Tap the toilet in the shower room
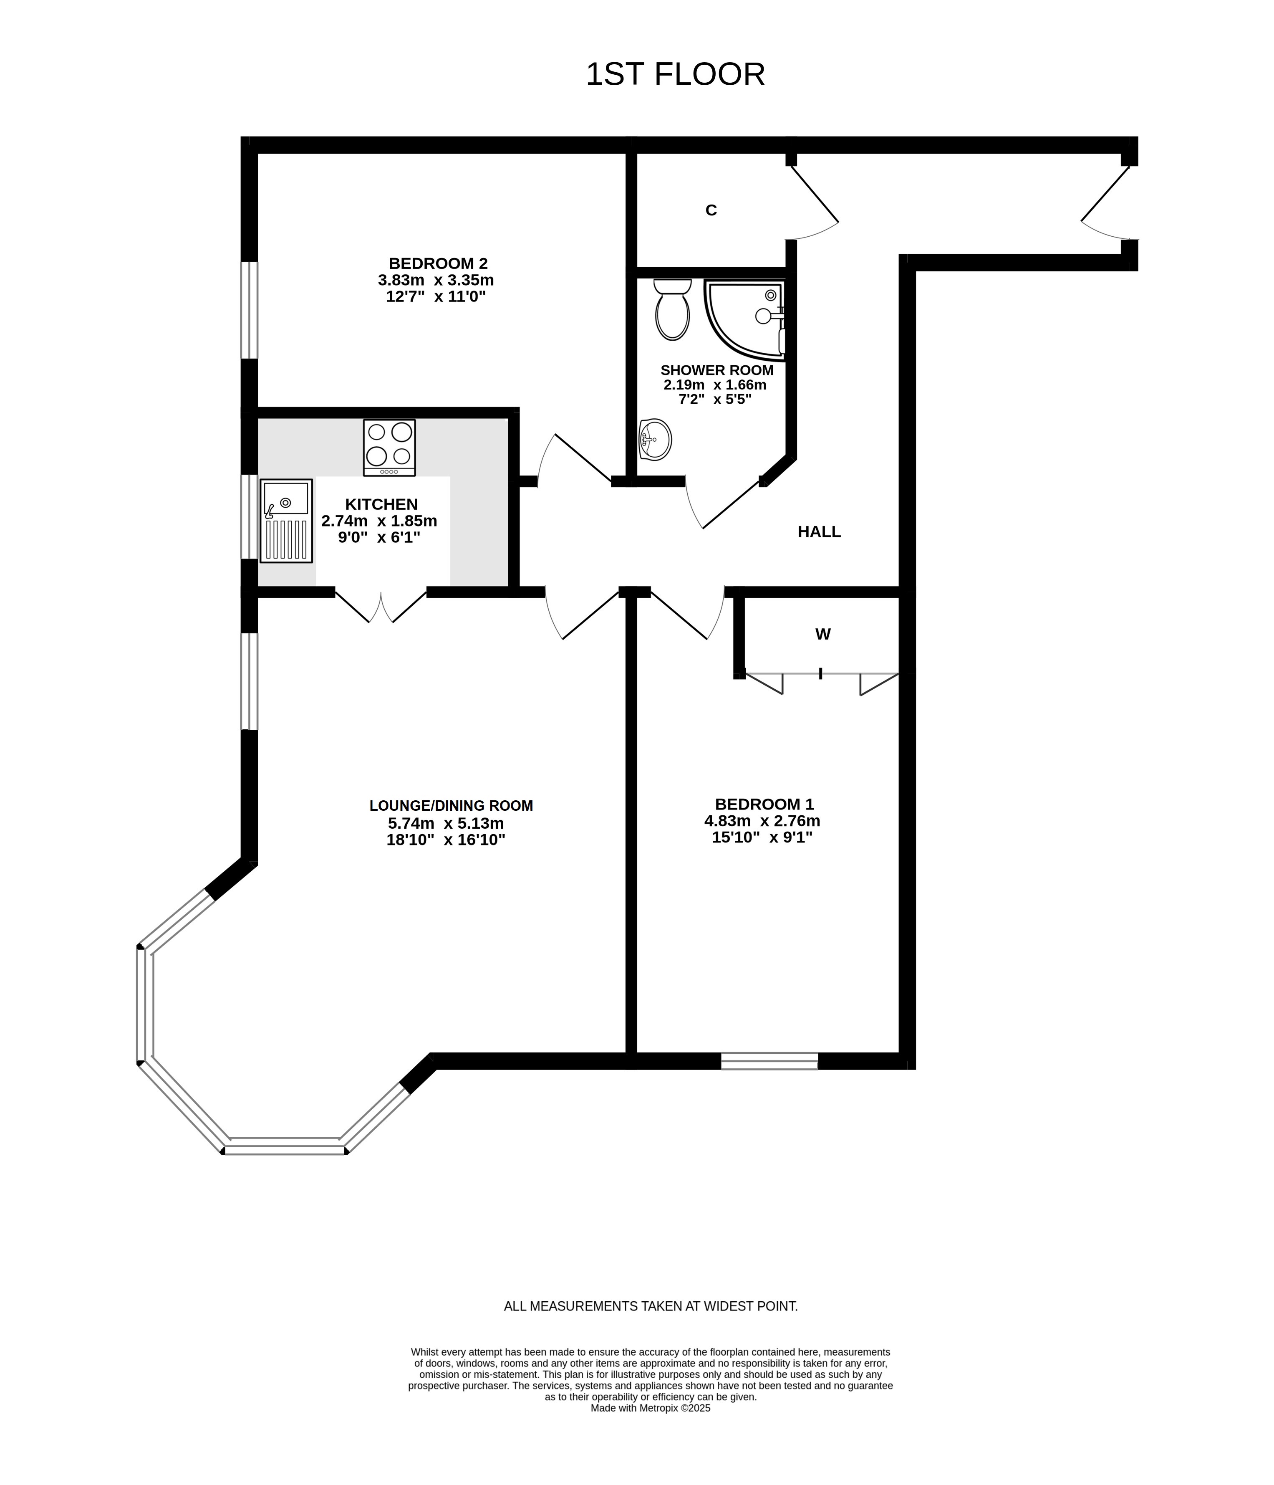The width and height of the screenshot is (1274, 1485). [672, 310]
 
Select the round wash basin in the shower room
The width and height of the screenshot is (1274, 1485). [655, 439]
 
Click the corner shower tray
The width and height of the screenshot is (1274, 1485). [745, 319]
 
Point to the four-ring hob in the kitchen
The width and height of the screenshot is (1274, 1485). [389, 447]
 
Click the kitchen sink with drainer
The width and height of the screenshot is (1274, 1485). [286, 520]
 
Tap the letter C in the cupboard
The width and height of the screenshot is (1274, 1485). [711, 210]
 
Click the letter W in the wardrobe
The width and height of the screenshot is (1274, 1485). [822, 634]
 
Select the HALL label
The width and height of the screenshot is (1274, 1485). [819, 532]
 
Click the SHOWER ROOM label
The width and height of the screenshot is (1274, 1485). [716, 371]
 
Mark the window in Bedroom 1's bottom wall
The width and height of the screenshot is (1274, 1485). [769, 1061]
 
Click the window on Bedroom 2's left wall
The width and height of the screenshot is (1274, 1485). [249, 310]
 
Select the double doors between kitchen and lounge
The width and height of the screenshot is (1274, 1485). [381, 606]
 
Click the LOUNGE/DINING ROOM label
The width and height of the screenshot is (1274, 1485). [451, 806]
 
